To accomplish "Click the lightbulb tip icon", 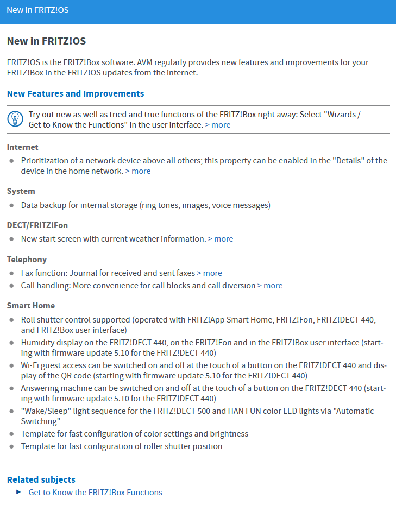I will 15,119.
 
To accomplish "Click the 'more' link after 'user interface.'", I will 218,125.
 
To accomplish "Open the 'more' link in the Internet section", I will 138,171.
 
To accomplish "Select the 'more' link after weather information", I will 221,239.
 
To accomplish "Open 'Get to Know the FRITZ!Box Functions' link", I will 95,493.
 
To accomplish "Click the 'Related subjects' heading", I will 41,479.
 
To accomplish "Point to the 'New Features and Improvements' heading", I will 76,93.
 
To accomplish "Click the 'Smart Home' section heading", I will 31,306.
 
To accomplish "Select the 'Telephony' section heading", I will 27,260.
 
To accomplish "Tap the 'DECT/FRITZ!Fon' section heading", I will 37,225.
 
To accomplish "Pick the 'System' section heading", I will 21,191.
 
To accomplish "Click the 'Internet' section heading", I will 23,147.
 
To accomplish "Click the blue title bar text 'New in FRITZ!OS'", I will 37,10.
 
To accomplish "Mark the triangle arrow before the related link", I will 18,492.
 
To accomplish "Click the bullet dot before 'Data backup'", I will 12,206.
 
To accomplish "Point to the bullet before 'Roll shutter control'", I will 12,320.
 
